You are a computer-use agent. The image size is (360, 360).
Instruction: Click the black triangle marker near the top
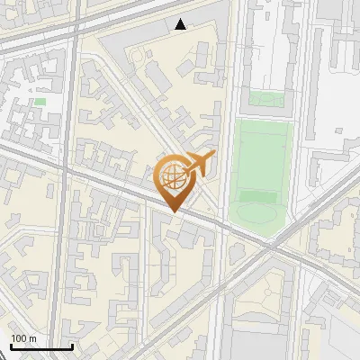[181, 24]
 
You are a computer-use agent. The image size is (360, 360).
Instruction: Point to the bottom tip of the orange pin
[173, 211]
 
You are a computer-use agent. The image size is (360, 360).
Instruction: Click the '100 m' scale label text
[24, 338]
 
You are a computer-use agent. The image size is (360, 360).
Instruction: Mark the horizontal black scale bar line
[41, 346]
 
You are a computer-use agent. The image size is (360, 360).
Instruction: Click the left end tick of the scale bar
[11, 345]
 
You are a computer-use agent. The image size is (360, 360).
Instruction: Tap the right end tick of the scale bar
[72, 345]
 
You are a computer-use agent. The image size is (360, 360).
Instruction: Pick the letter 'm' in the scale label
[32, 338]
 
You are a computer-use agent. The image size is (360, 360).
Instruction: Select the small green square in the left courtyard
[40, 102]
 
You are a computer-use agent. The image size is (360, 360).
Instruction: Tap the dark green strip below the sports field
[259, 196]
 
